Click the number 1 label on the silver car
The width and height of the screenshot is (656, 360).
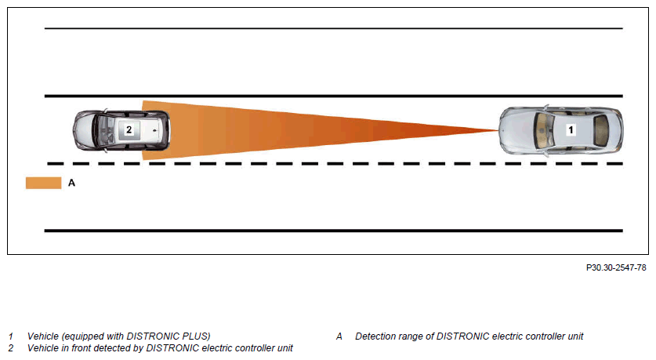click(x=571, y=129)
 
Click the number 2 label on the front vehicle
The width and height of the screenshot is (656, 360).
click(x=129, y=129)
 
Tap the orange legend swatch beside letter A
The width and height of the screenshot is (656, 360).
click(x=44, y=183)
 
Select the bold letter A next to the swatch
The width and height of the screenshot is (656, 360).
click(x=71, y=183)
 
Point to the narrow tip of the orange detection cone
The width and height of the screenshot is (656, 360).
click(x=498, y=130)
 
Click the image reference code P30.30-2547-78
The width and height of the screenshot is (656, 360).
click(x=616, y=267)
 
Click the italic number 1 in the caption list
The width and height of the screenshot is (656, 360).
click(x=10, y=336)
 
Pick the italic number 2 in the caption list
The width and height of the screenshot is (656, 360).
click(x=10, y=348)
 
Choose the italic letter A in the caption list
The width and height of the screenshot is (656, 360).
click(x=339, y=336)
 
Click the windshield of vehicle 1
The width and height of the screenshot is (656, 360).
click(x=544, y=130)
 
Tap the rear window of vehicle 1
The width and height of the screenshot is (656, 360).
click(x=601, y=130)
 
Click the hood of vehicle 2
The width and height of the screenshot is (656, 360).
click(x=84, y=130)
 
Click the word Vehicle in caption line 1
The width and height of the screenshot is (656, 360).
click(x=42, y=336)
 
